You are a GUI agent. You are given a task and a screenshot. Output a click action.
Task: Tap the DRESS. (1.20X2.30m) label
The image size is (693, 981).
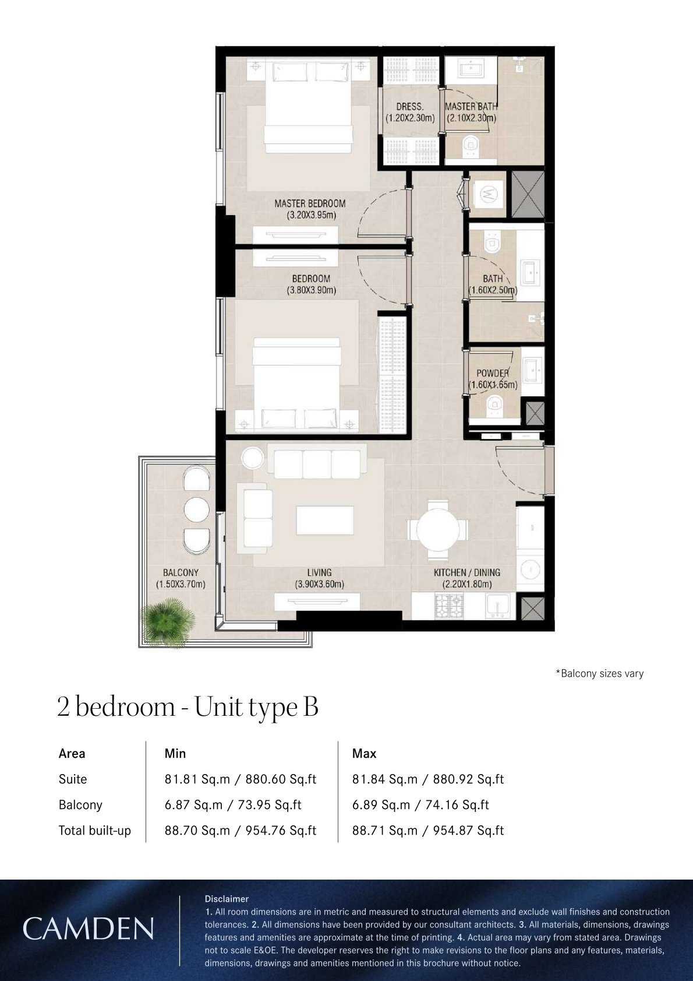410,112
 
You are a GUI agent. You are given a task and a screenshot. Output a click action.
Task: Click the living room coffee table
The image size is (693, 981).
324,520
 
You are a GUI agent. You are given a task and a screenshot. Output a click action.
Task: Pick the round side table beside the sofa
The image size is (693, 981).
253,458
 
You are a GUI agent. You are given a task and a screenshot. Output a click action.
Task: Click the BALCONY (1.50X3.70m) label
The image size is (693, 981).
181,578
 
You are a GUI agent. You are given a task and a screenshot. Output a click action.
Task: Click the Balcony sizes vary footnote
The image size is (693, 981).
599,673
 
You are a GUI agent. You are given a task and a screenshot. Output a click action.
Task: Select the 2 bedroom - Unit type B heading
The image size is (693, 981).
188,707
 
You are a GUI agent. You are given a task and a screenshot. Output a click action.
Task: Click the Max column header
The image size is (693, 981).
364,753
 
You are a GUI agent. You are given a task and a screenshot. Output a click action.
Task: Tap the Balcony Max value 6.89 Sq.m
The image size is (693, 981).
381,804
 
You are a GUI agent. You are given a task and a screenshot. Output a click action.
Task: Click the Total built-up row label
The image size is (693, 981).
94,830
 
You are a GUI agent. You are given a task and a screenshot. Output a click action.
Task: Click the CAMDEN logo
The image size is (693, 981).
88,929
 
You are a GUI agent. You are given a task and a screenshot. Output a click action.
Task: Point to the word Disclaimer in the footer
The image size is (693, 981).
227,899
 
